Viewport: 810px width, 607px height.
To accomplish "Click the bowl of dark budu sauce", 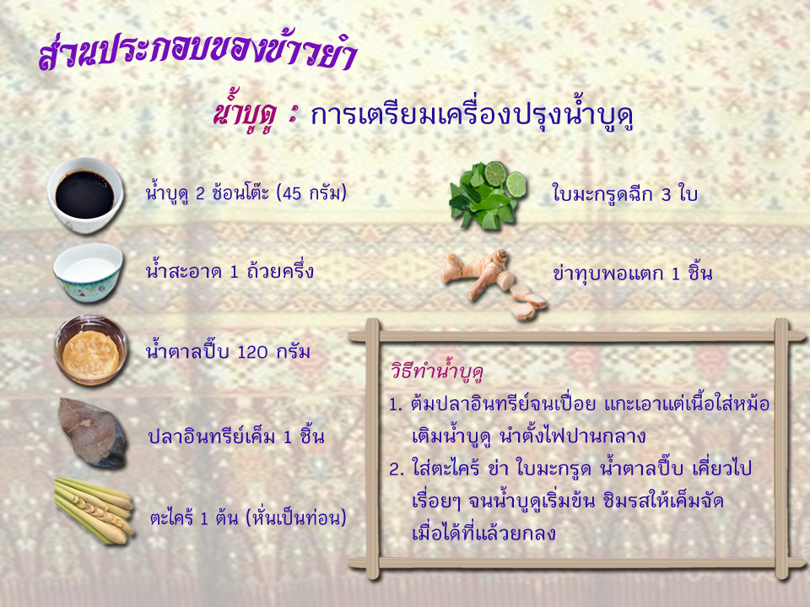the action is (85, 196).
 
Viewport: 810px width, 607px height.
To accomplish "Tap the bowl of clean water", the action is (89, 273).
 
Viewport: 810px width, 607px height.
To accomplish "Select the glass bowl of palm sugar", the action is (91, 350).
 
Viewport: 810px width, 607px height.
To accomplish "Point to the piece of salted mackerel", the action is (92, 433).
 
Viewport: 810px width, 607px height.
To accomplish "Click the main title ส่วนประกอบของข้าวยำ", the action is (197, 52).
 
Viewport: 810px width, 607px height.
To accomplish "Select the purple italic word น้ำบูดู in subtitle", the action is (246, 116).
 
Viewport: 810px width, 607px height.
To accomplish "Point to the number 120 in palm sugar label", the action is (252, 352).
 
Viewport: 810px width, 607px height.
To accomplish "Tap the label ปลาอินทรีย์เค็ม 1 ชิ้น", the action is (236, 436).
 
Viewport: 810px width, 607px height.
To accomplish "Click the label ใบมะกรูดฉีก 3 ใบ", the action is (624, 194).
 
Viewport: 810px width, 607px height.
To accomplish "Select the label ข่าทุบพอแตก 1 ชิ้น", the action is (632, 273).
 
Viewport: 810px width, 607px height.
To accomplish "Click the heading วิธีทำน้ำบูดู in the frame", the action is (437, 372).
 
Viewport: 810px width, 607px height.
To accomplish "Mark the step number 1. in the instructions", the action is (396, 404).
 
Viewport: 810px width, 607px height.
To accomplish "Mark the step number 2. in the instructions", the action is (397, 469).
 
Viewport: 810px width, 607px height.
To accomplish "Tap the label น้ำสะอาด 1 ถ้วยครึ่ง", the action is (229, 271).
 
